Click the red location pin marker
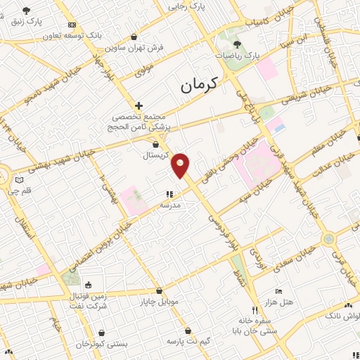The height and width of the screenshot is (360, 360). tap(181, 165)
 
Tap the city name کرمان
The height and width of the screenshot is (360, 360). tap(200, 86)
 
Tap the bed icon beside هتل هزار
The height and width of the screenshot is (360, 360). tap(279, 290)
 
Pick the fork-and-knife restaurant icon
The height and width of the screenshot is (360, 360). tap(255, 309)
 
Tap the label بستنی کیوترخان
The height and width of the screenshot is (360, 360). tap(103, 344)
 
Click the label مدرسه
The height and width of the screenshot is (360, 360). tap(171, 205)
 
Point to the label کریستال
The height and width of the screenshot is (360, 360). tap(157, 154)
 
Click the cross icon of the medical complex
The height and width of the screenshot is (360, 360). tap(139, 105)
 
